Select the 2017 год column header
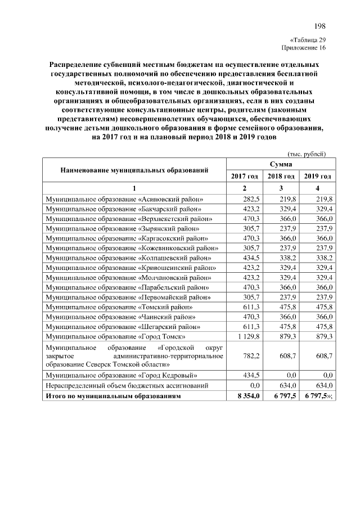(245, 177)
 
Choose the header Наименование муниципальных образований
(135, 169)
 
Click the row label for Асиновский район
(124, 199)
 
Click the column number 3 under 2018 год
(281, 188)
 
